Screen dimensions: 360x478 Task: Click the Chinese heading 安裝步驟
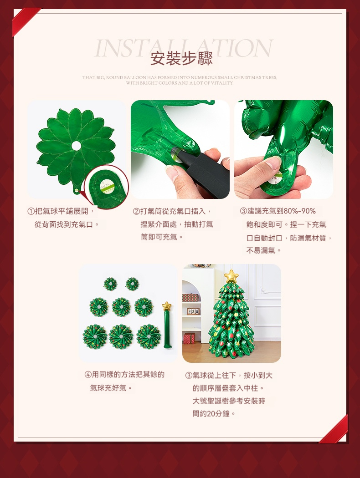(x=181, y=59)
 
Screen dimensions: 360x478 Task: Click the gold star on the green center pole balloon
(x=167, y=306)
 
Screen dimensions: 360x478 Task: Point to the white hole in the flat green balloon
(x=76, y=145)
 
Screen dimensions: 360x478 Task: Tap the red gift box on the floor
(x=189, y=338)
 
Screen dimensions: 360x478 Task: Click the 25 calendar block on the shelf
(x=193, y=311)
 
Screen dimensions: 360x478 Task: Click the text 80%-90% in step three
(x=299, y=211)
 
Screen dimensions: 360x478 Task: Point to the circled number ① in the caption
(x=31, y=211)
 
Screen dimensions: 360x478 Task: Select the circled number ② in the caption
(x=136, y=211)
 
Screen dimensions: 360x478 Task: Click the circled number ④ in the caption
(x=88, y=374)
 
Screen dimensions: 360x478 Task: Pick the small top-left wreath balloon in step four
(x=110, y=284)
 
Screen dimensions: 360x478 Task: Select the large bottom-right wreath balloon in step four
(x=149, y=336)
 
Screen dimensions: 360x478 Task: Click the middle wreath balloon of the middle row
(x=121, y=307)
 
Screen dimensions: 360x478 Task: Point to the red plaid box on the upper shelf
(x=190, y=298)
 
